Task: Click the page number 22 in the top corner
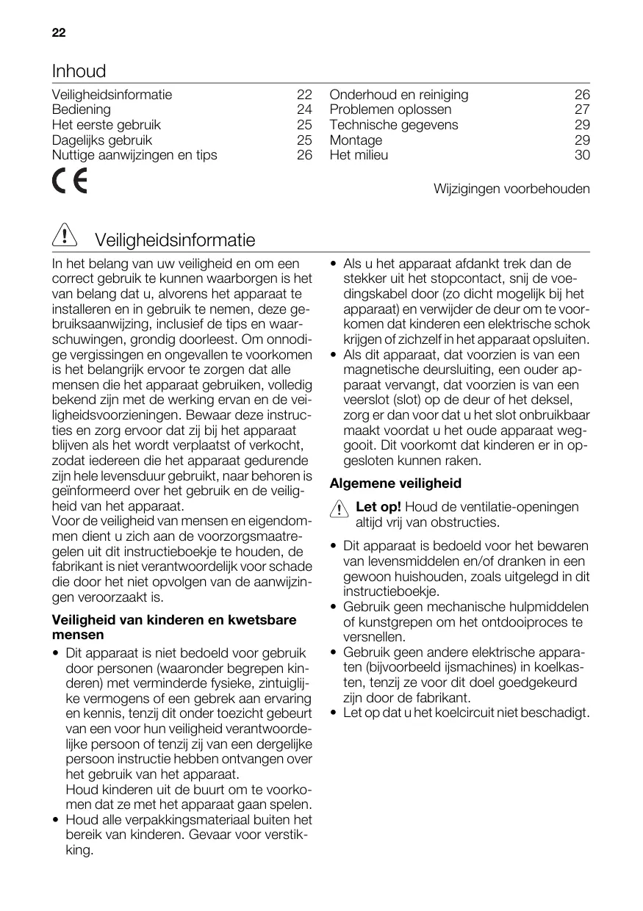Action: click(x=59, y=33)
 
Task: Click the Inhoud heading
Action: click(x=79, y=71)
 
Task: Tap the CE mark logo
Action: click(x=69, y=181)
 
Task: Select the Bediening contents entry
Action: click(x=82, y=109)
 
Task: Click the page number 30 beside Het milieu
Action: click(x=582, y=155)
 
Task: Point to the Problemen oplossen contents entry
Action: click(x=390, y=109)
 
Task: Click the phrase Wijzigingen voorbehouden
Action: click(x=511, y=189)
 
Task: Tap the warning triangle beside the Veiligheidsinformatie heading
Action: click(x=65, y=237)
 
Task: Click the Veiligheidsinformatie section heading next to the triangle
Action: click(x=175, y=240)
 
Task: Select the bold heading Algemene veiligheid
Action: click(x=395, y=483)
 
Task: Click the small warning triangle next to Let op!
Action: click(x=339, y=509)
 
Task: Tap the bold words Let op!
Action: click(x=378, y=507)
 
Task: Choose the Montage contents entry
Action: click(x=356, y=140)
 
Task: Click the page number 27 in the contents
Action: click(x=582, y=109)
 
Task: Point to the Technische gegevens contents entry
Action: click(x=393, y=125)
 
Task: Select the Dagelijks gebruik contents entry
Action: click(x=102, y=140)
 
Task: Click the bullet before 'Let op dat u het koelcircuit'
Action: click(x=334, y=713)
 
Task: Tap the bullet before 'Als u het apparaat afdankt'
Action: click(x=334, y=264)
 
